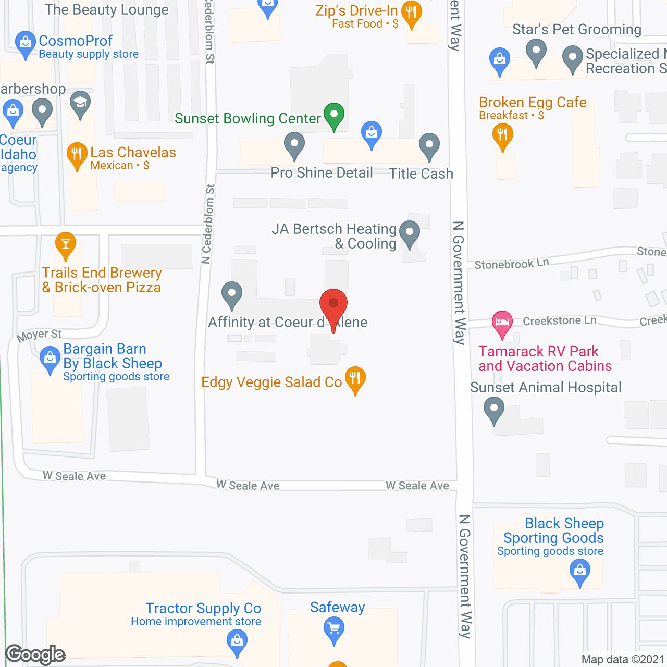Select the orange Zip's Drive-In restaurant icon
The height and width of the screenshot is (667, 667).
(412, 14)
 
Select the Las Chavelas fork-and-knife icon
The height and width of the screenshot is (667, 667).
(77, 155)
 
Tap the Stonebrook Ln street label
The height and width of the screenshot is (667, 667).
(511, 264)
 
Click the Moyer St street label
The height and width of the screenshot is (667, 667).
(39, 336)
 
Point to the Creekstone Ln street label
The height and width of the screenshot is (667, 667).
(559, 321)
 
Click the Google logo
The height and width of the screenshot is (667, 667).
(35, 654)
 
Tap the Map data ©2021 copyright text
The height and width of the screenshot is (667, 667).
(623, 660)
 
